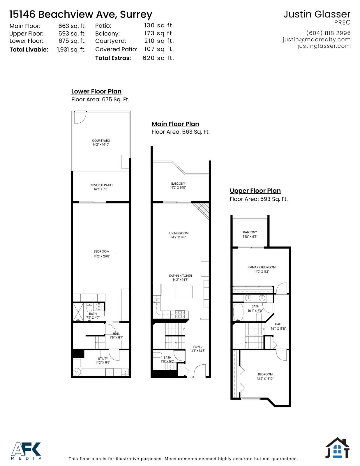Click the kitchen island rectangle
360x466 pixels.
184,292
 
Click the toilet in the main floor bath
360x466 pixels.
158,355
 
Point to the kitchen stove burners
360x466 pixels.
180,314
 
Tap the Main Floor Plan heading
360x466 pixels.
175,124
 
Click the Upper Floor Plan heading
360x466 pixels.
255,191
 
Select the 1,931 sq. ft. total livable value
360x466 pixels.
71,50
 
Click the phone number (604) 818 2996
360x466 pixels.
328,33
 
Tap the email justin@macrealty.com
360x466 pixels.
317,40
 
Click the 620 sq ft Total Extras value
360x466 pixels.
158,58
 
